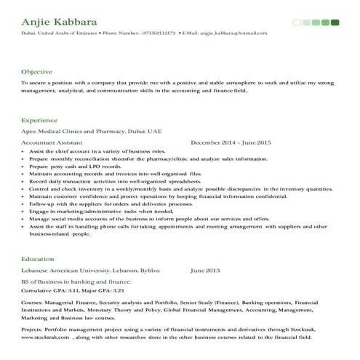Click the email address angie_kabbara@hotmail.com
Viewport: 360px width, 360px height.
pyautogui.click(x=228, y=33)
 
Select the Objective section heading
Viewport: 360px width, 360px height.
pyautogui.click(x=36, y=71)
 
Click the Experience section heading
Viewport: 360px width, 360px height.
pyautogui.click(x=39, y=119)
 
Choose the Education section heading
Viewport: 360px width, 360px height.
pyautogui.click(x=38, y=258)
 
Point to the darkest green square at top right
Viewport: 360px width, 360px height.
pyautogui.click(x=335, y=23)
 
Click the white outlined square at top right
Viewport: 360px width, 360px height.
pyautogui.click(x=297, y=23)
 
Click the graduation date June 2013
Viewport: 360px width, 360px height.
pyautogui.click(x=204, y=271)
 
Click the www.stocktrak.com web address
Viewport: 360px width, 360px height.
pyautogui.click(x=47, y=338)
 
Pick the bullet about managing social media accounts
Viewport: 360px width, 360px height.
pyautogui.click(x=148, y=219)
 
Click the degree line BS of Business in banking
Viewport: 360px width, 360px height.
pyautogui.click(x=76, y=281)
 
